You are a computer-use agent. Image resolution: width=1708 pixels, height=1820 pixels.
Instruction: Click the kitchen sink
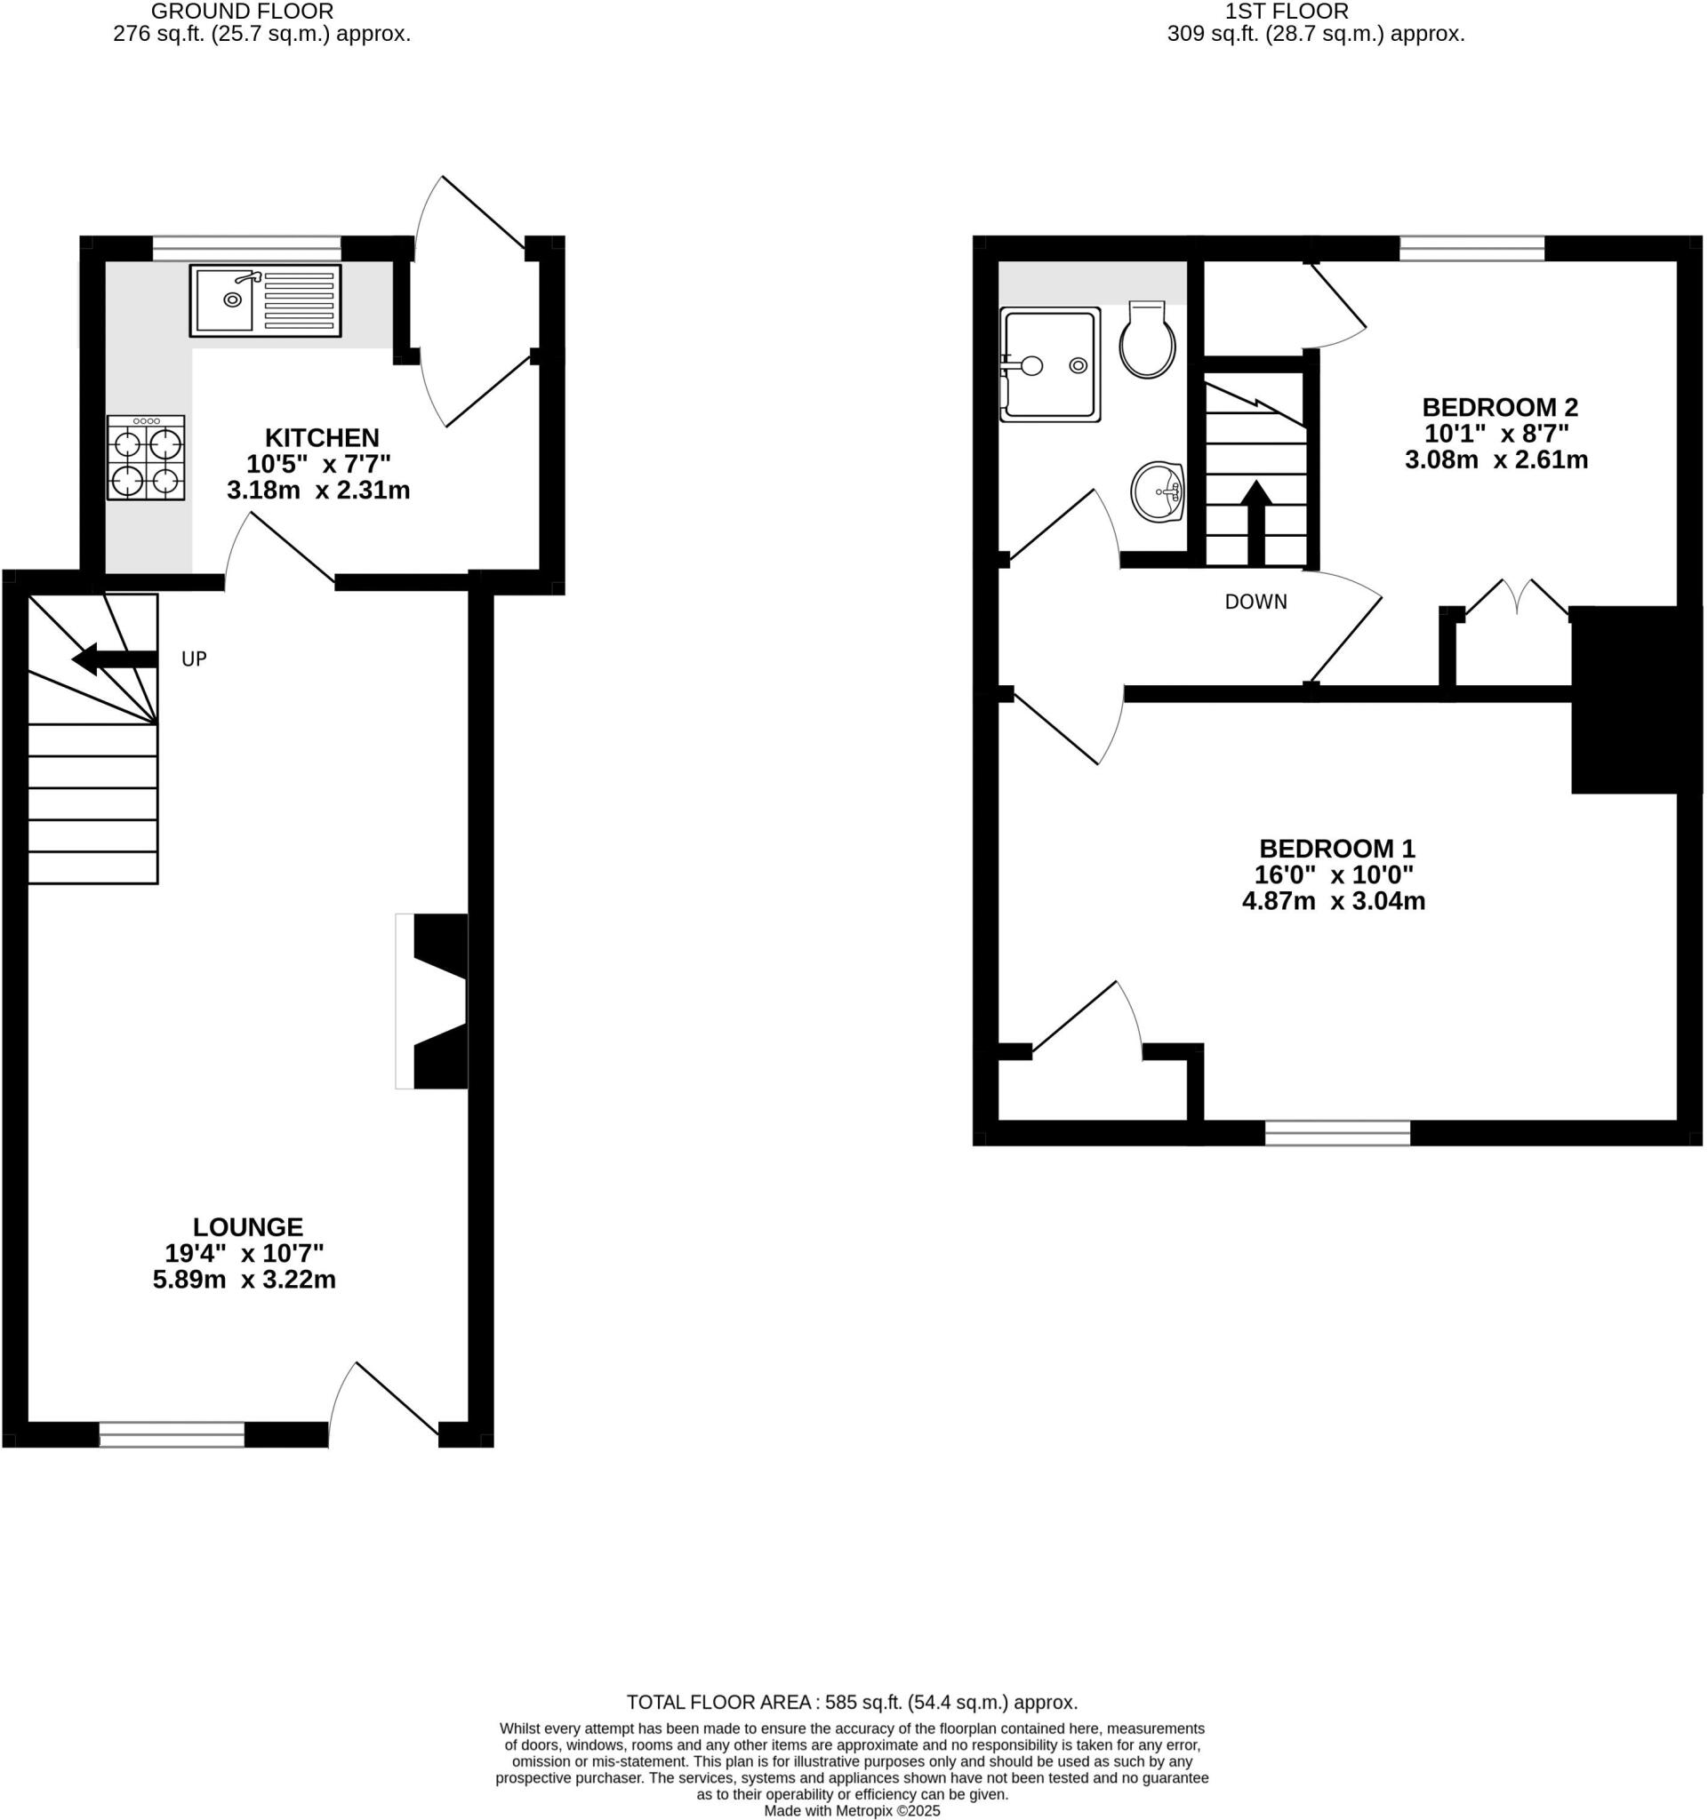[265, 299]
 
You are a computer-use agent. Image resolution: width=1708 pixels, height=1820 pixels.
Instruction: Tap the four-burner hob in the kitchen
[146, 458]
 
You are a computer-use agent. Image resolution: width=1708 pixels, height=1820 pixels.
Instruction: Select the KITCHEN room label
[322, 436]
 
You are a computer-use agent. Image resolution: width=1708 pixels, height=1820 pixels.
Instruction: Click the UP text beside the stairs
[194, 659]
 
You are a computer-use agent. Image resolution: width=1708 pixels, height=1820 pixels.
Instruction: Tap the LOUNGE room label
[247, 1226]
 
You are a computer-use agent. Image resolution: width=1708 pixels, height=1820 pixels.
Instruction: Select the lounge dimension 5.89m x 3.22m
[244, 1279]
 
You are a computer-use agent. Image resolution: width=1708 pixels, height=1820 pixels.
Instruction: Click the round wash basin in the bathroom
[1158, 491]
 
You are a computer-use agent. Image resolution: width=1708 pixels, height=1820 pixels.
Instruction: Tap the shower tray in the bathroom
[1049, 364]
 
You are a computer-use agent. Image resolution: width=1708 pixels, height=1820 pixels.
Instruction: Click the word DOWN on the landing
[1255, 602]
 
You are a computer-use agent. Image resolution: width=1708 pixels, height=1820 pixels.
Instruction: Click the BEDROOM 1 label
[1336, 848]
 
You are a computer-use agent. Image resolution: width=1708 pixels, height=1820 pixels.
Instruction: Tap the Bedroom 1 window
[1337, 1132]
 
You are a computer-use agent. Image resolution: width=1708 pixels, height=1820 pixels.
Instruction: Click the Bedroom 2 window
[1471, 248]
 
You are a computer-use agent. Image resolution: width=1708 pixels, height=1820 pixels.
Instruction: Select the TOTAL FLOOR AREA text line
[852, 1703]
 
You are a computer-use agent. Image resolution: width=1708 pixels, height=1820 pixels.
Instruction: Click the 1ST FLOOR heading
[1286, 11]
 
